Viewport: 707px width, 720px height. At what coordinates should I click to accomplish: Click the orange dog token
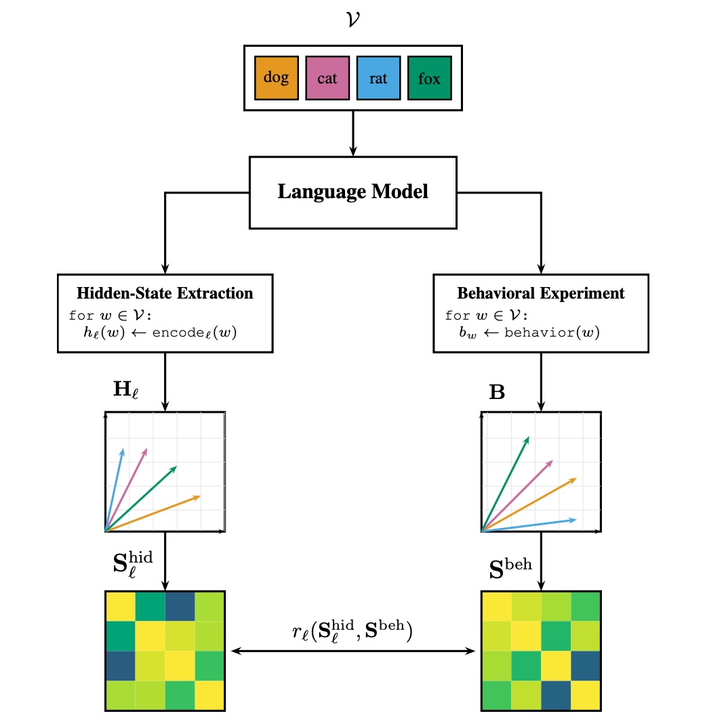pyautogui.click(x=276, y=78)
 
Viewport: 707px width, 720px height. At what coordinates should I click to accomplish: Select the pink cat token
pyautogui.click(x=327, y=78)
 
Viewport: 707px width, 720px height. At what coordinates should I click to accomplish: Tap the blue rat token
pyautogui.click(x=378, y=78)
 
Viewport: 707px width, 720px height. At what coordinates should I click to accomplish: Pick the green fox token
pyautogui.click(x=429, y=78)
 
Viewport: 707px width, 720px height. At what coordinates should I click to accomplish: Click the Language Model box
pyautogui.click(x=352, y=192)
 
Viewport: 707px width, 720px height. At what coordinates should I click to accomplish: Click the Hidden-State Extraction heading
pyautogui.click(x=165, y=294)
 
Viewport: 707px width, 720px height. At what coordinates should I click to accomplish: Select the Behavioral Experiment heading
pyautogui.click(x=541, y=294)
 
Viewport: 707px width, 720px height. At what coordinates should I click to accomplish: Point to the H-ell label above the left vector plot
pyautogui.click(x=127, y=392)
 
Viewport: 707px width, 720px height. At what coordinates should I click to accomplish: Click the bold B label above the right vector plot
pyautogui.click(x=497, y=392)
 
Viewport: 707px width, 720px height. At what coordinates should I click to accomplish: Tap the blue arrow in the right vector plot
pyautogui.click(x=529, y=525)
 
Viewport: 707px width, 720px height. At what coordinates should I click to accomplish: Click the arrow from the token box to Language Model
pyautogui.click(x=353, y=133)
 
